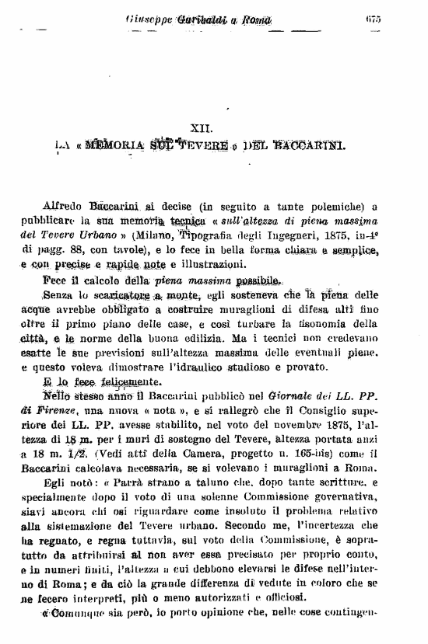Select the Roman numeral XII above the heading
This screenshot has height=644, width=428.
point(201,124)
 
